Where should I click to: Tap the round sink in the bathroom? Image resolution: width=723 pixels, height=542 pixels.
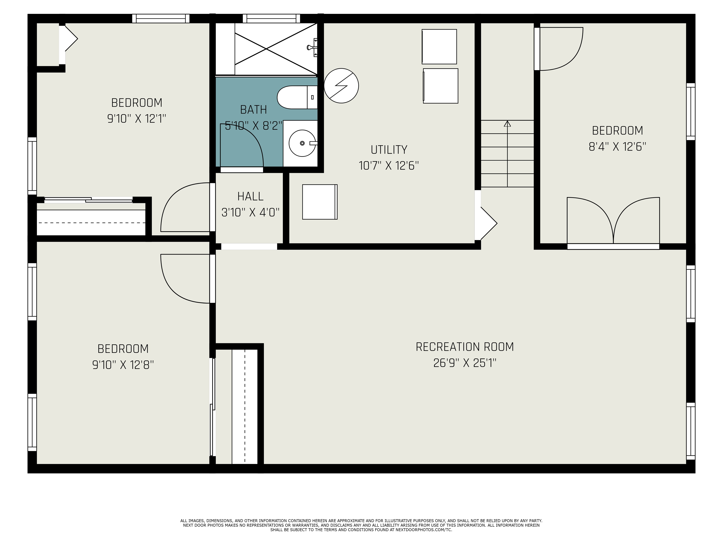pyautogui.click(x=302, y=143)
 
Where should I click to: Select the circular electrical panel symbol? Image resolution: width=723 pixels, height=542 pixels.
pyautogui.click(x=341, y=86)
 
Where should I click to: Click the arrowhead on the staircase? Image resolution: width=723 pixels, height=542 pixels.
pyautogui.click(x=507, y=124)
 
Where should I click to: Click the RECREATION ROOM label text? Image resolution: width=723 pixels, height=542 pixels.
pyautogui.click(x=465, y=347)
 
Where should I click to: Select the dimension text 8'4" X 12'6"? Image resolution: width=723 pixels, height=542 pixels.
pyautogui.click(x=617, y=147)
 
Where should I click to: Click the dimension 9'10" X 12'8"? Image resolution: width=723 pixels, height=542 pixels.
pyautogui.click(x=123, y=365)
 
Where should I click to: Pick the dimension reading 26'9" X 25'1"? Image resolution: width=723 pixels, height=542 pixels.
pyautogui.click(x=465, y=363)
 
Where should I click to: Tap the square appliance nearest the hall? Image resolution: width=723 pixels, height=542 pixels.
pyautogui.click(x=320, y=202)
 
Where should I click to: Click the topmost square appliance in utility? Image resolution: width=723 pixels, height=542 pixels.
pyautogui.click(x=439, y=47)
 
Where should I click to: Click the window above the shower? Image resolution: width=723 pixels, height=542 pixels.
pyautogui.click(x=271, y=18)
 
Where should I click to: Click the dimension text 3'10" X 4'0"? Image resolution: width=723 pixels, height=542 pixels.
pyautogui.click(x=250, y=213)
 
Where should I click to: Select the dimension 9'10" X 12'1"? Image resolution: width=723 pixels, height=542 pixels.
pyautogui.click(x=137, y=119)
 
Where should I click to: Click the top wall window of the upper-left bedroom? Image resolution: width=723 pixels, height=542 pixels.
pyautogui.click(x=161, y=18)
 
